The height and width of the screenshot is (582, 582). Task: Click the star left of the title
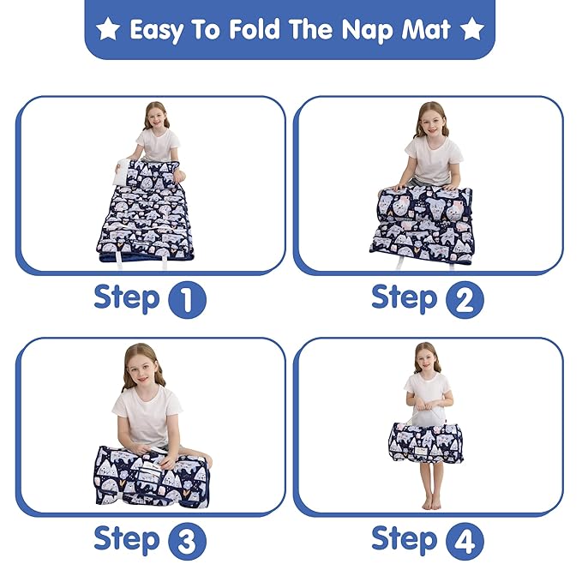tap(107, 30)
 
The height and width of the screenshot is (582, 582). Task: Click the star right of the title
tap(472, 30)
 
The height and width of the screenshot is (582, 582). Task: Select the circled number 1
tap(187, 300)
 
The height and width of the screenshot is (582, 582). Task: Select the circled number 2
tap(465, 300)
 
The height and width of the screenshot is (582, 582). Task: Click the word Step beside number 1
tap(127, 298)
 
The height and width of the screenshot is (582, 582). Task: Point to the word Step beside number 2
tap(405, 298)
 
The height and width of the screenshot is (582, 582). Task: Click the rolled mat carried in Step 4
tap(426, 441)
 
